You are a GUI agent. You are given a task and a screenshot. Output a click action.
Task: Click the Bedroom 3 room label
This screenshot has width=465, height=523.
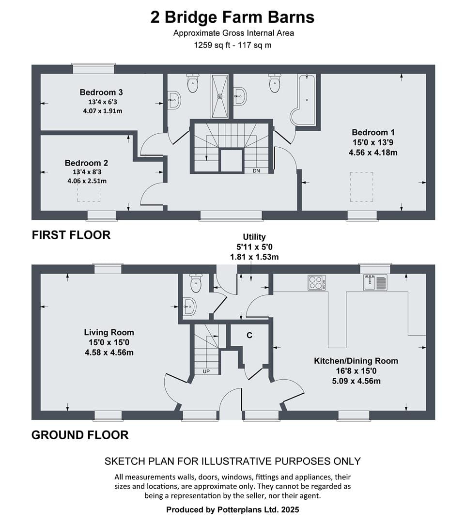pyautogui.click(x=101, y=92)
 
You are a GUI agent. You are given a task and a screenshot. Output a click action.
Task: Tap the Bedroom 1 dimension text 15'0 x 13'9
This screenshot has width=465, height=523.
pyautogui.click(x=373, y=142)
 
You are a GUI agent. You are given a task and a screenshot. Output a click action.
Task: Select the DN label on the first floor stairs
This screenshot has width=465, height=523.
pyautogui.click(x=256, y=171)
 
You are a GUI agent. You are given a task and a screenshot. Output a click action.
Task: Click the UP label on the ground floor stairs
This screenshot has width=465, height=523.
pyautogui.click(x=206, y=371)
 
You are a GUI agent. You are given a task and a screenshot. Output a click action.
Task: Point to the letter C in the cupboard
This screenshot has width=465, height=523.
pyautogui.click(x=249, y=335)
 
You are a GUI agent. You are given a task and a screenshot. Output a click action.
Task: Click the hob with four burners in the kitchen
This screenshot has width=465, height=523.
pyautogui.click(x=317, y=282)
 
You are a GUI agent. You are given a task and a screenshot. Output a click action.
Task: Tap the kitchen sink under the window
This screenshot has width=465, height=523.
pyautogui.click(x=375, y=282)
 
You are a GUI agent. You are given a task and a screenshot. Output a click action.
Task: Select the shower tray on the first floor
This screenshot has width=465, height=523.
pyautogui.click(x=220, y=96)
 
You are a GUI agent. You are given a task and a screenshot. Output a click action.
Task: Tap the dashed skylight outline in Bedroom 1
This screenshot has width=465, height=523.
pyautogui.click(x=362, y=187)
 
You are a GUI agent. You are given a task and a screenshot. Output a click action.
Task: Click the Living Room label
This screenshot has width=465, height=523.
pyautogui.click(x=109, y=332)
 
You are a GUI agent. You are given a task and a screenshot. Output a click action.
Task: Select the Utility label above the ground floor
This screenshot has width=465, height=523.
pyautogui.click(x=254, y=237)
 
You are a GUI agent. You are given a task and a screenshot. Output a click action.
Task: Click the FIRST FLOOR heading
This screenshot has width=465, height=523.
pyautogui.click(x=71, y=235)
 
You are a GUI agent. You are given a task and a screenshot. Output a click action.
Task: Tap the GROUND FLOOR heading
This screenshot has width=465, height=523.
pyautogui.click(x=80, y=435)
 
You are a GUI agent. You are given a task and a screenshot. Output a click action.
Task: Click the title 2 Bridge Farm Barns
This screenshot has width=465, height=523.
pyautogui.click(x=232, y=17)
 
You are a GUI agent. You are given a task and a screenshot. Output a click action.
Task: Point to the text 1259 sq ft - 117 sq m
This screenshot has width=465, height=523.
pyautogui.click(x=233, y=45)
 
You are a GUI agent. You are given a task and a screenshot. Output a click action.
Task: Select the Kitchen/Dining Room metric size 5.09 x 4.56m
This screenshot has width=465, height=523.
pyautogui.click(x=356, y=381)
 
